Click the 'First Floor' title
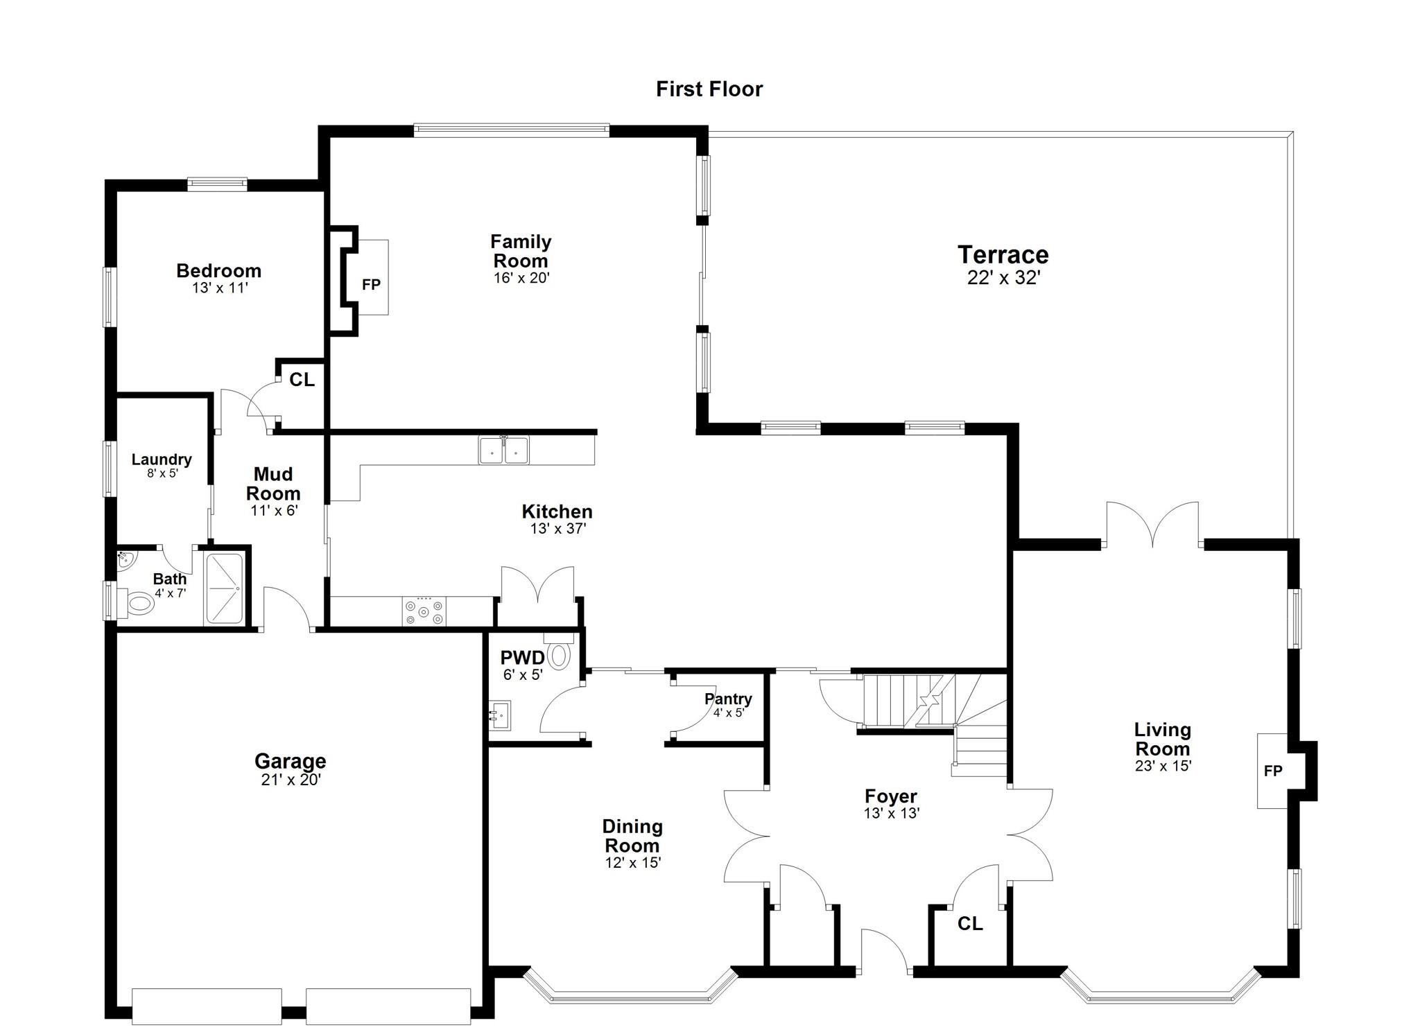[709, 89]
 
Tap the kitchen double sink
[503, 450]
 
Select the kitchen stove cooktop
[424, 611]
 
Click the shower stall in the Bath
[224, 589]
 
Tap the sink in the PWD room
[499, 715]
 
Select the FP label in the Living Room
[1273, 771]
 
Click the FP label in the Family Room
[371, 284]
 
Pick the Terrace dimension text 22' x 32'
[1003, 278]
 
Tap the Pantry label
[728, 699]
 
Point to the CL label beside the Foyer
[970, 923]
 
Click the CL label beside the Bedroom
[302, 380]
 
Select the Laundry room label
[162, 460]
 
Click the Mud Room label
[273, 484]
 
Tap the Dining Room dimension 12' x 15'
[632, 863]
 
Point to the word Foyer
[891, 796]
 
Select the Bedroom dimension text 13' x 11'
[220, 288]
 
